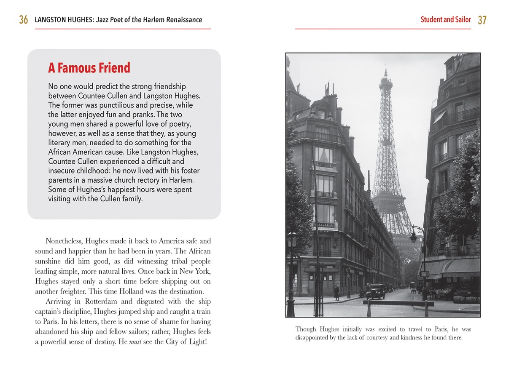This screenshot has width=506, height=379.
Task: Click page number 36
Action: pyautogui.click(x=24, y=20)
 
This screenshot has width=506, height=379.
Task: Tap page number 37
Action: pyautogui.click(x=482, y=20)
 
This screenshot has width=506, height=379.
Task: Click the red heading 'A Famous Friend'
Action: pyautogui.click(x=89, y=68)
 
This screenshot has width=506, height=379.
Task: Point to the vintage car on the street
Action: pyautogui.click(x=376, y=291)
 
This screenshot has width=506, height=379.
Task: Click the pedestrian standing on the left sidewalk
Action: pyautogui.click(x=336, y=292)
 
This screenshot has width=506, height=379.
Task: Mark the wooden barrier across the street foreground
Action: pyautogui.click(x=398, y=303)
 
